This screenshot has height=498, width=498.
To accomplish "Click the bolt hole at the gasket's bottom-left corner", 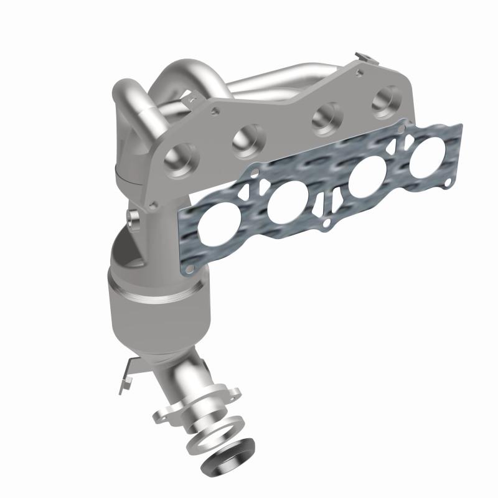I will pos(187,268).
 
